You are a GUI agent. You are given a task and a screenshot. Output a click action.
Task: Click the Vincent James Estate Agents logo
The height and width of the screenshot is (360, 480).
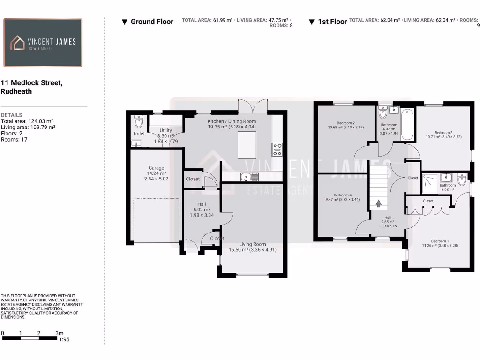[x=43, y=43]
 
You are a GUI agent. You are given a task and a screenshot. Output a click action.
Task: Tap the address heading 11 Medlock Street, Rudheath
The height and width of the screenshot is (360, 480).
[x=31, y=87]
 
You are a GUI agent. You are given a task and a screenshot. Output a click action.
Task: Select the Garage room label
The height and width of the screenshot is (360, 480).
[x=156, y=168]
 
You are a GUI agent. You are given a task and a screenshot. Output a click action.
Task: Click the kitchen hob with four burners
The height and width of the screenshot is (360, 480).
[x=277, y=149]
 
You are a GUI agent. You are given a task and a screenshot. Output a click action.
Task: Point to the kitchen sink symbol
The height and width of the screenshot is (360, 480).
[x=248, y=177]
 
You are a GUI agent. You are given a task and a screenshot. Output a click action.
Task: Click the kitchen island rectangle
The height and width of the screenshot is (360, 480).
[x=247, y=145]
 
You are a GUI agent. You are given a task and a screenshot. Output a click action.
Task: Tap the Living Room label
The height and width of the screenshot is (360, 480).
[x=252, y=244]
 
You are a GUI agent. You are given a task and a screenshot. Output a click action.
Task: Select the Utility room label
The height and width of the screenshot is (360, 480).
[x=165, y=130]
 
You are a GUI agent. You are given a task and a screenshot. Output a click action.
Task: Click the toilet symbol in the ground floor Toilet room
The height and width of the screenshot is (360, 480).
[x=138, y=122]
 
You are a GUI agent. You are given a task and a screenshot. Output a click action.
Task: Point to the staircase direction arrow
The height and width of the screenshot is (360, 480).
[x=379, y=204]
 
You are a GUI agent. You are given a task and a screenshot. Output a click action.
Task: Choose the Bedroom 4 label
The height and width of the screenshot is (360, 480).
[x=342, y=195]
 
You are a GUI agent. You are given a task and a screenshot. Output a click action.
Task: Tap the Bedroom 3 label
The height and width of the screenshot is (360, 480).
[x=443, y=133]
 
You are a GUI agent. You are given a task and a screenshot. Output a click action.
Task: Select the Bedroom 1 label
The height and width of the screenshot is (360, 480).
[x=440, y=241]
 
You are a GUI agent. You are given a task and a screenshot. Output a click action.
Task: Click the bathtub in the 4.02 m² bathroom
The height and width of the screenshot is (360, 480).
[x=407, y=124]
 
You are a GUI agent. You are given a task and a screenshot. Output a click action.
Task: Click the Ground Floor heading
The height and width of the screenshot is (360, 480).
[x=152, y=22]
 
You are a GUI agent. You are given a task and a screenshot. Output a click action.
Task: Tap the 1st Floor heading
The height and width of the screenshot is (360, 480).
[x=332, y=22]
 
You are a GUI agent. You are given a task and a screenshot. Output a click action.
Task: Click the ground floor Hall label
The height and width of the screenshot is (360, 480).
[x=202, y=204]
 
